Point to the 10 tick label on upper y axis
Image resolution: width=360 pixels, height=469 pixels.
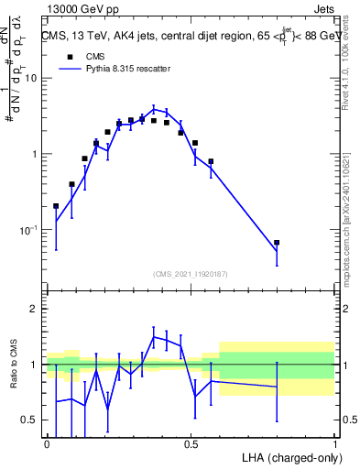(30, 78)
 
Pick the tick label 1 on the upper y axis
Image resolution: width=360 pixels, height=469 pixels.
(34, 154)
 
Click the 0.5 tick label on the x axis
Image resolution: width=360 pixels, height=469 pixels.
(191, 444)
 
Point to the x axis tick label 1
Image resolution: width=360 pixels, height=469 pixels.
(335, 444)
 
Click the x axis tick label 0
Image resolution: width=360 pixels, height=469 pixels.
(47, 444)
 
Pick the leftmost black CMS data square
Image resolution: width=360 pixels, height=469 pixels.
(56, 206)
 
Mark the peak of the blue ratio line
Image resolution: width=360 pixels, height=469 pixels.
(154, 337)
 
